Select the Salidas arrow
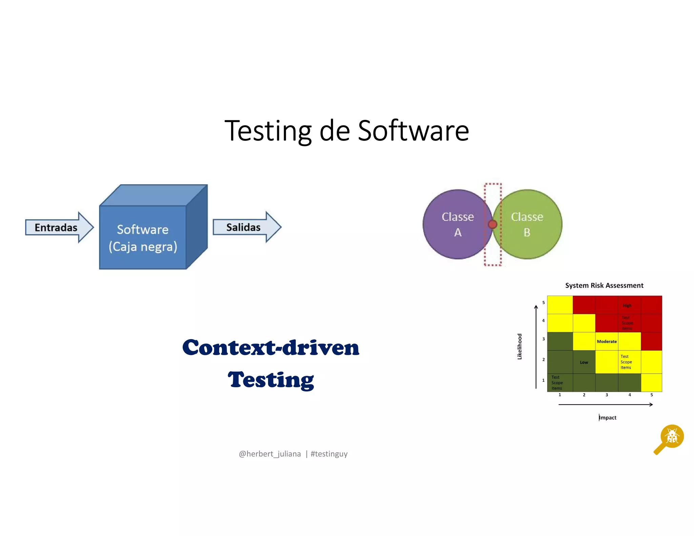point(246,227)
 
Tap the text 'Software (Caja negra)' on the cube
point(143,238)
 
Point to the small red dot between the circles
point(492,224)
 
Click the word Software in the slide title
point(413,131)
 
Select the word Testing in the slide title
point(268,131)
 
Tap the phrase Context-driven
point(270,348)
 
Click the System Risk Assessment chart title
point(604,285)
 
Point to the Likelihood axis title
point(519,346)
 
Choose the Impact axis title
point(608,417)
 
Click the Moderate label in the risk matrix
point(607,342)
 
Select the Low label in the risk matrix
point(584,362)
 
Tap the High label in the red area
point(627,305)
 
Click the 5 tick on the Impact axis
point(651,395)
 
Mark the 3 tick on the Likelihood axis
point(544,339)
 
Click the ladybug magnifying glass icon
point(669,439)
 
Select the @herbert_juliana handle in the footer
point(270,454)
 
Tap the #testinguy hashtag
point(329,454)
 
